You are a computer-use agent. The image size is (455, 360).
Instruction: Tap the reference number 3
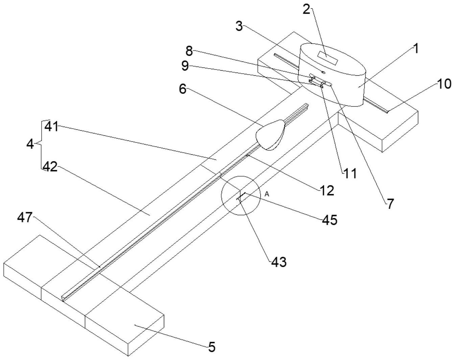pos(239,26)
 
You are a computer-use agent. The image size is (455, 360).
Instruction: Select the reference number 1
pos(416,48)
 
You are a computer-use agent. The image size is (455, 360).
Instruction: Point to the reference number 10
pos(444,83)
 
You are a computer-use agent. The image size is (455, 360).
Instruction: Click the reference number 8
pos(189,51)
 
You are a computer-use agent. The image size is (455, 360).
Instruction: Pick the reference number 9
pos(185,66)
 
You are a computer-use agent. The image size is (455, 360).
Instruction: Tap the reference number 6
pos(182,89)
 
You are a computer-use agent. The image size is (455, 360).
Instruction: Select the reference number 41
pos(52,127)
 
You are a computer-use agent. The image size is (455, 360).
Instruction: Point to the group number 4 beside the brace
pos(30,144)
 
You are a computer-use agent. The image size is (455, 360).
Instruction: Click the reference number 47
pos(25,217)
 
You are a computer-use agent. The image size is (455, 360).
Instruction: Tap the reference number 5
pos(211,347)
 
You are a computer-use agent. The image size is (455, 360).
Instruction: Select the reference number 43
pos(279,262)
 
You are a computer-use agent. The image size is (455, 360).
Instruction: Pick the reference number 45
pos(329,220)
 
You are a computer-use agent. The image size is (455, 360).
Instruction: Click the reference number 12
pos(327,190)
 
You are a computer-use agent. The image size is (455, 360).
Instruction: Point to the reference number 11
pos(350,174)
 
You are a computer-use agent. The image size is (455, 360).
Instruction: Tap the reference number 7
pos(390,204)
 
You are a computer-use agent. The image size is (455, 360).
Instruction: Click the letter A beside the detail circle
pos(267,194)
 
